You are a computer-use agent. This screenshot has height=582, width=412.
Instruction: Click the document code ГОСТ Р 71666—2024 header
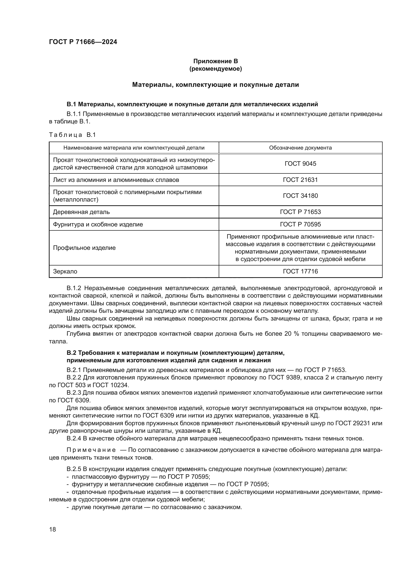83,42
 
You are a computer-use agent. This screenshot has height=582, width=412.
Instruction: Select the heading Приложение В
215,61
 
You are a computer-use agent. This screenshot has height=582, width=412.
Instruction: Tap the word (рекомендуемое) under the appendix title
215,69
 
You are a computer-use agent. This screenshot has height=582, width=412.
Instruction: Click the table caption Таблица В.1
72,135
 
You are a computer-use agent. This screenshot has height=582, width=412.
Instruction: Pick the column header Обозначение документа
300,148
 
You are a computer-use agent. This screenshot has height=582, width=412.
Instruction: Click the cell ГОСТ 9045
300,164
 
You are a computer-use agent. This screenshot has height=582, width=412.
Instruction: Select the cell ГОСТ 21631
300,180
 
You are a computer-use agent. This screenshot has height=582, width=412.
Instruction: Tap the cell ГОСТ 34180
300,196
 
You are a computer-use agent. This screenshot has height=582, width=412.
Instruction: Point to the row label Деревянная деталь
81,212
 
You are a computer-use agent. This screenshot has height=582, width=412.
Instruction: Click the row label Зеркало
65,271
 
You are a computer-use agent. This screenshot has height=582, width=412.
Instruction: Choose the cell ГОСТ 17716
300,271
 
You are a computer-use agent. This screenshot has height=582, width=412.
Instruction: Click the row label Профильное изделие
84,248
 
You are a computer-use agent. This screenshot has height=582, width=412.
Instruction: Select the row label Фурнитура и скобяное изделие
98,224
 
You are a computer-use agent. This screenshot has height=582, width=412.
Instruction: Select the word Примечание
91,450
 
